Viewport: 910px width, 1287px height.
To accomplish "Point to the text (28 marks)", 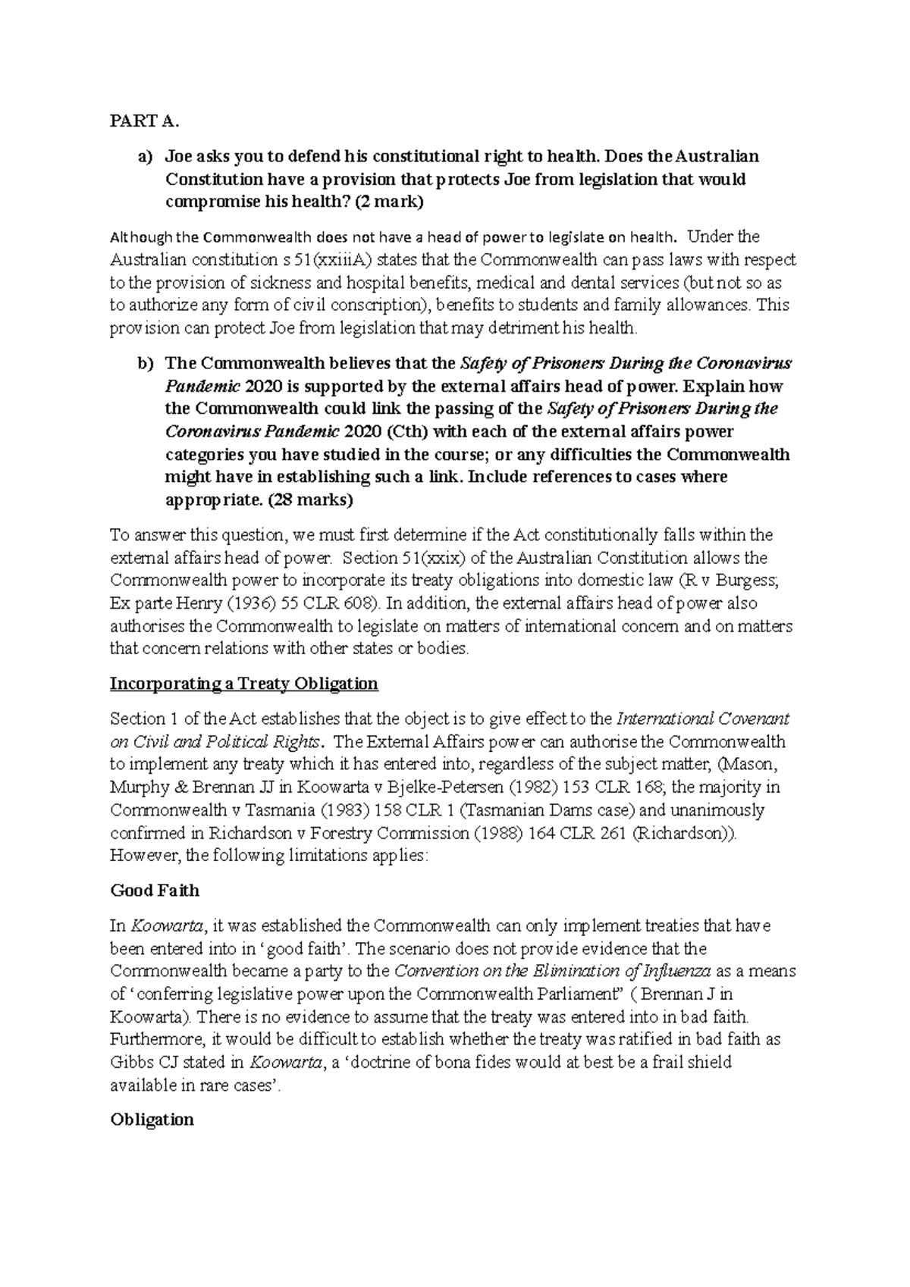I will tap(311, 500).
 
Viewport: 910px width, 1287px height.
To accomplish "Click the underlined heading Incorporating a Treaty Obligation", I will tap(243, 684).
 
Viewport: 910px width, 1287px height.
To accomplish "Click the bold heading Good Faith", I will tap(155, 890).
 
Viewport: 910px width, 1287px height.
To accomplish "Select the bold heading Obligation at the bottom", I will tap(152, 1119).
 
